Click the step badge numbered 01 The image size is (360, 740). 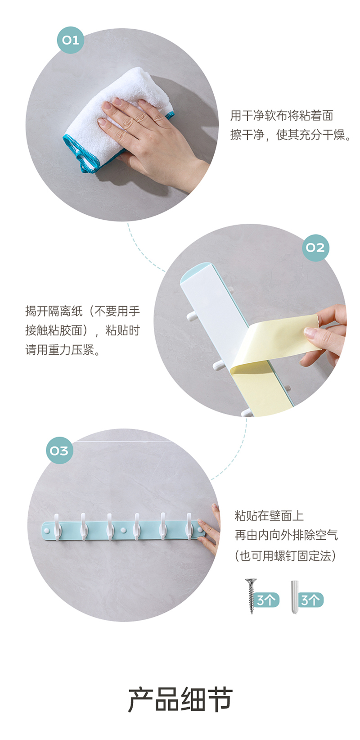click(70, 40)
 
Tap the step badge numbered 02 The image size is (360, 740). click(315, 248)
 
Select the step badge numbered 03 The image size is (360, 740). click(59, 450)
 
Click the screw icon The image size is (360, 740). click(252, 596)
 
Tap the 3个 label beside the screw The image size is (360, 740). click(266, 600)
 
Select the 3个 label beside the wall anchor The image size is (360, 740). click(311, 600)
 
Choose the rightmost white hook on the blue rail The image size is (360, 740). click(190, 526)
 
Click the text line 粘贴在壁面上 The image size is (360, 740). click(269, 516)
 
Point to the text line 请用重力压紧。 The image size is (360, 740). click(63, 349)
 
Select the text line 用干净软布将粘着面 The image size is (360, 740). click(282, 115)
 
